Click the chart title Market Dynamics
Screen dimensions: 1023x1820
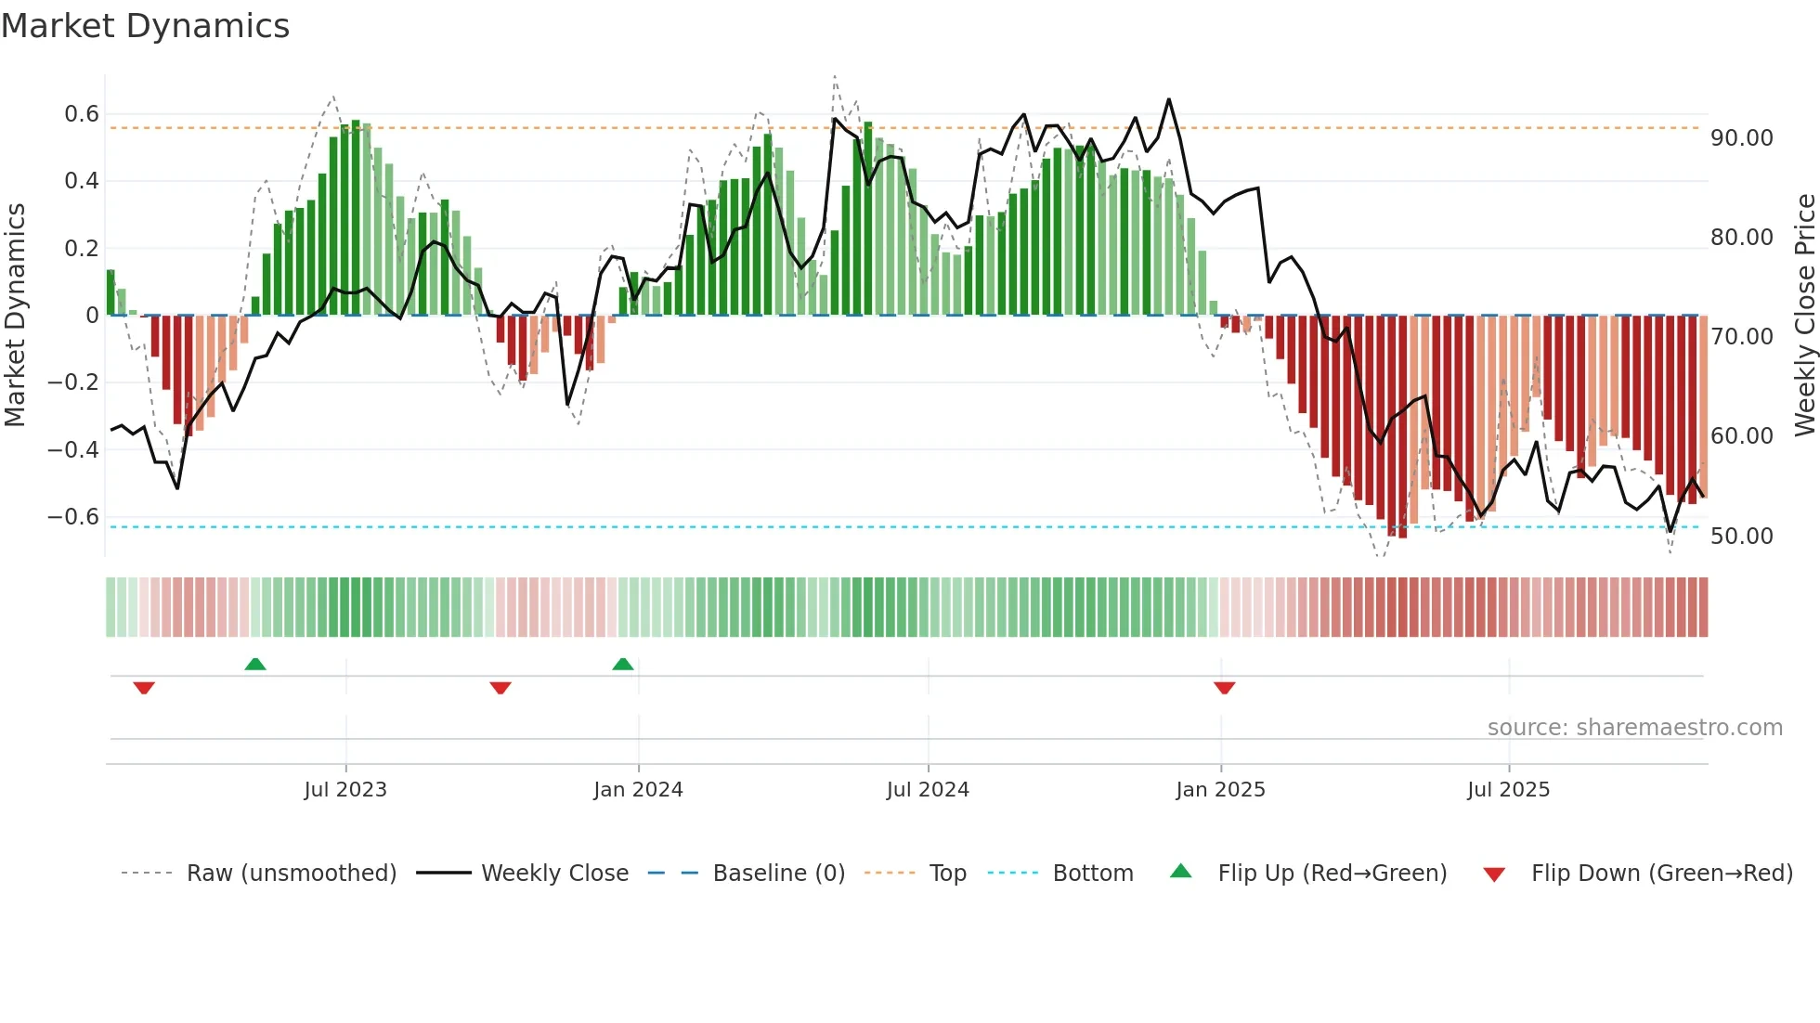pos(145,26)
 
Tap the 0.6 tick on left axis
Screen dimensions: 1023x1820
pos(81,114)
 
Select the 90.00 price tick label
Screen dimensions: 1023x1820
pos(1741,138)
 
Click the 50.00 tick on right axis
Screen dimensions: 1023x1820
pos(1741,536)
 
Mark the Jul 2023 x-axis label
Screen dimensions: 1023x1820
pos(345,789)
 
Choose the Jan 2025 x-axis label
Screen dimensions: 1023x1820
pos(1220,789)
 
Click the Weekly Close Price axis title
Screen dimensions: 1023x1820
pos(1804,315)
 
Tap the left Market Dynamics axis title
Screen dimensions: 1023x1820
pos(15,315)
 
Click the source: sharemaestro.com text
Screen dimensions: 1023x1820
pos(1634,727)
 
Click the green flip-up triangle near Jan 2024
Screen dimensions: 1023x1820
pos(623,664)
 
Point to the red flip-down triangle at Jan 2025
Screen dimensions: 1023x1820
pos(1224,688)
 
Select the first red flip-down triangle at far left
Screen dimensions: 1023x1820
pos(144,688)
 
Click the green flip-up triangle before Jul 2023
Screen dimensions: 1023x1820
pos(255,664)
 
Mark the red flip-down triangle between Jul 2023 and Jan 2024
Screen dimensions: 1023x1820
pos(500,688)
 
